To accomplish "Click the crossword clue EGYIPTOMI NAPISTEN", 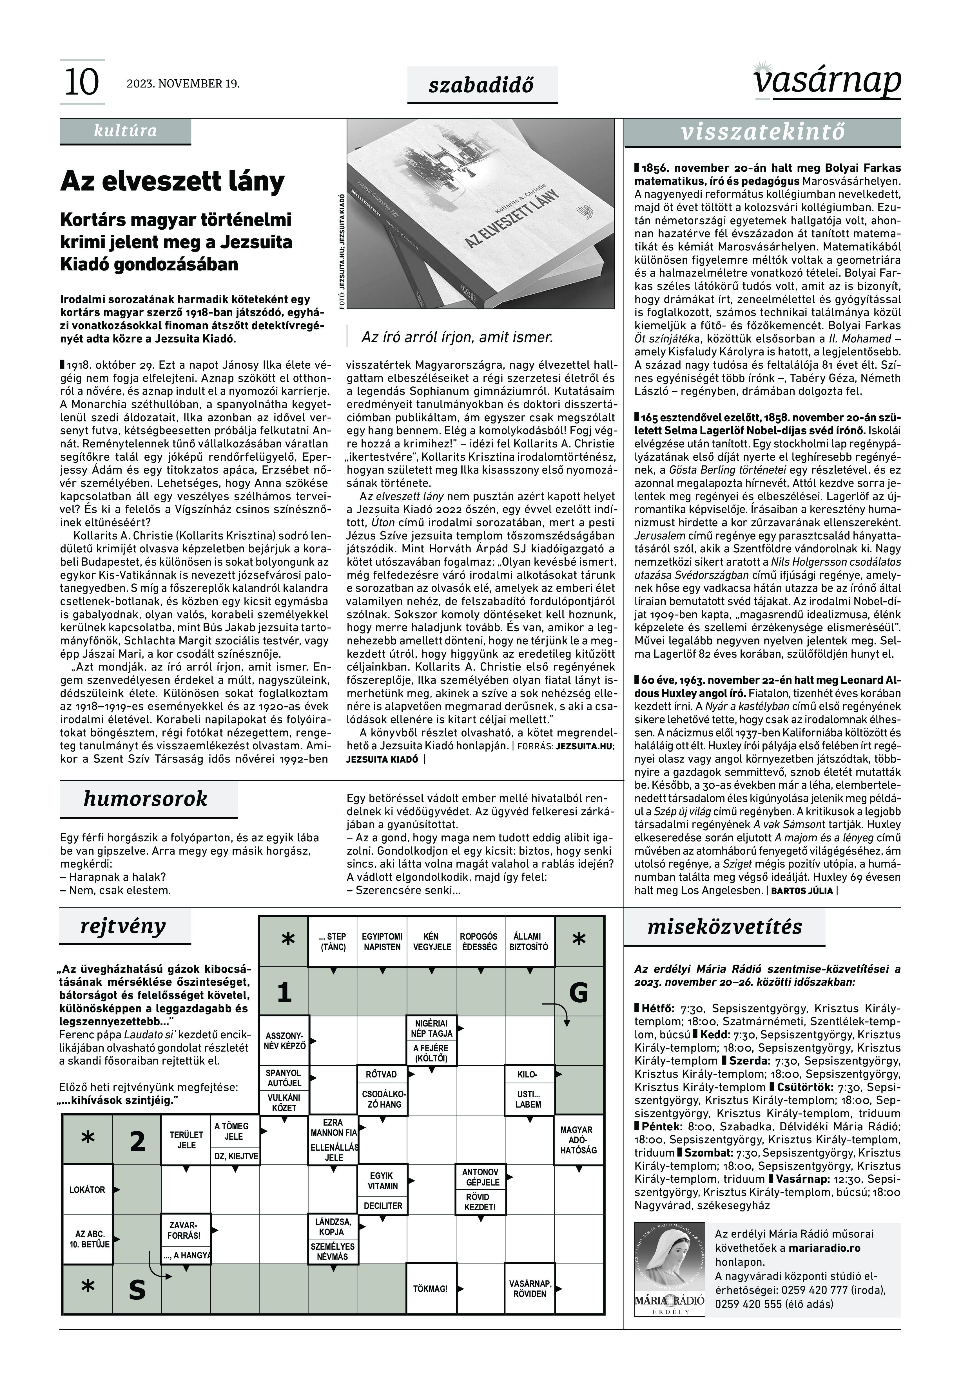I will tap(382, 942).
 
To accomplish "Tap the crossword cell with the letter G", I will tap(579, 992).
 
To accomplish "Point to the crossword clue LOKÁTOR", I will tap(87, 1190).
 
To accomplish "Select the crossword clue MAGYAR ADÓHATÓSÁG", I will tap(578, 1140).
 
